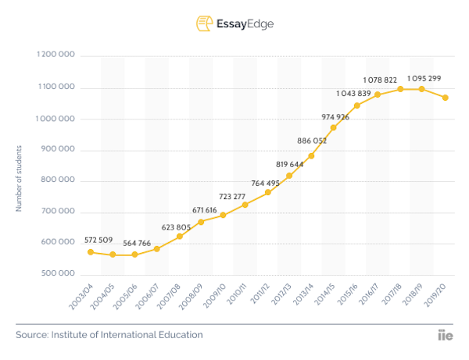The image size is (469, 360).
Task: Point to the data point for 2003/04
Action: (91, 252)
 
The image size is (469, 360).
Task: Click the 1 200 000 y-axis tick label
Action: (55, 56)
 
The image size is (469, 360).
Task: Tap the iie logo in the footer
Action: (446, 335)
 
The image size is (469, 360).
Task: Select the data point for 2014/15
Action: (334, 127)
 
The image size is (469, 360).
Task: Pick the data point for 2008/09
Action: (201, 222)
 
